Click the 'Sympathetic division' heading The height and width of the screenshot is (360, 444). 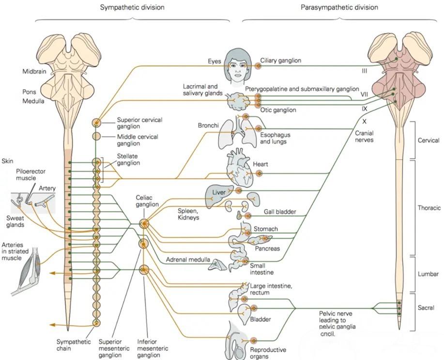(x=132, y=8)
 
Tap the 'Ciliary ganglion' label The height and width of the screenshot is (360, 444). (x=281, y=61)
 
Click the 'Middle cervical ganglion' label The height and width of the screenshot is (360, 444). (x=138, y=140)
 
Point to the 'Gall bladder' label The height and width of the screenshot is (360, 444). (x=280, y=212)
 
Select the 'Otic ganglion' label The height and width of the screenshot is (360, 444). (x=278, y=110)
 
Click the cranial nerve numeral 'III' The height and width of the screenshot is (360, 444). (x=365, y=71)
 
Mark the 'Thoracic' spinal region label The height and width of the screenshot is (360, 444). (x=429, y=208)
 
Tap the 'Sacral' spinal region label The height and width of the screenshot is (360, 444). (x=426, y=308)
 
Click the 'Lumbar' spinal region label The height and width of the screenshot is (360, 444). (x=428, y=274)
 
